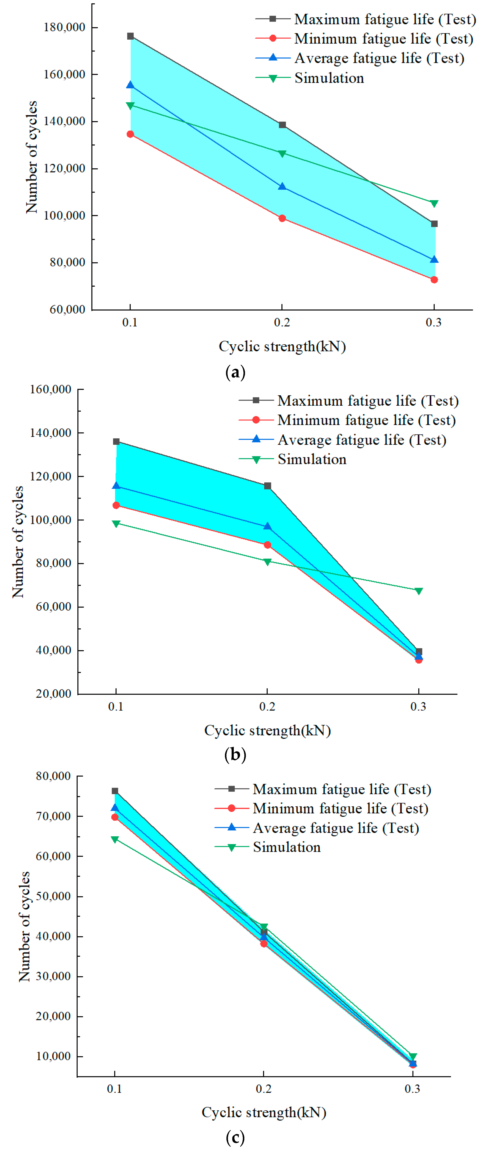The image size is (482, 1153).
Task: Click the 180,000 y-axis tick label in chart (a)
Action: click(64, 27)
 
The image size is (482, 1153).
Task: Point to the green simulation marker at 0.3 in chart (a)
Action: click(434, 204)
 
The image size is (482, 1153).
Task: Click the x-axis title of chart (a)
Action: click(282, 346)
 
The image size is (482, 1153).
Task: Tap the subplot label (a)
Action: click(235, 372)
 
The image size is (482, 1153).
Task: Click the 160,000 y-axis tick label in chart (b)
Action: click(51, 389)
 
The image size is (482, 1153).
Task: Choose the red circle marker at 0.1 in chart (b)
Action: click(116, 505)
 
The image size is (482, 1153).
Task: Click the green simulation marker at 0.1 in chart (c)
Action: click(115, 840)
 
